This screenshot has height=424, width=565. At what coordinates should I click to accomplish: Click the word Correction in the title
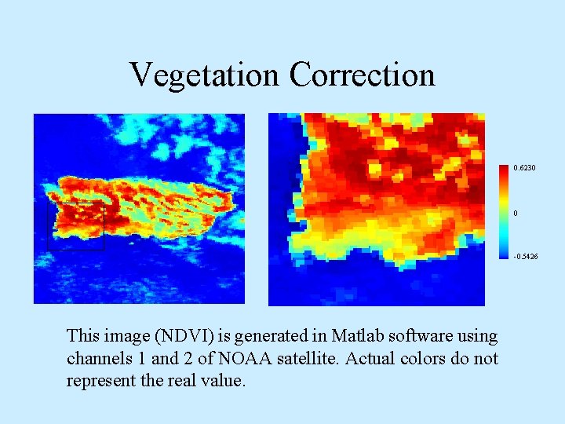point(362,75)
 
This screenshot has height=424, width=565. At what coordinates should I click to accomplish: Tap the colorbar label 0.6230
point(526,168)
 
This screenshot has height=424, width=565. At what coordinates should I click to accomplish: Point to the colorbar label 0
point(515,214)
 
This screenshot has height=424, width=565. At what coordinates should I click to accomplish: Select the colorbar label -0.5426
point(526,257)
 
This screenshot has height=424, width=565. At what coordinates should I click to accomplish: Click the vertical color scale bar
point(504,212)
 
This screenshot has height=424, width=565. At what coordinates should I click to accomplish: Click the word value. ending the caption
point(224,382)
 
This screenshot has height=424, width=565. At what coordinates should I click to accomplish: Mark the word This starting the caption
point(83,336)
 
